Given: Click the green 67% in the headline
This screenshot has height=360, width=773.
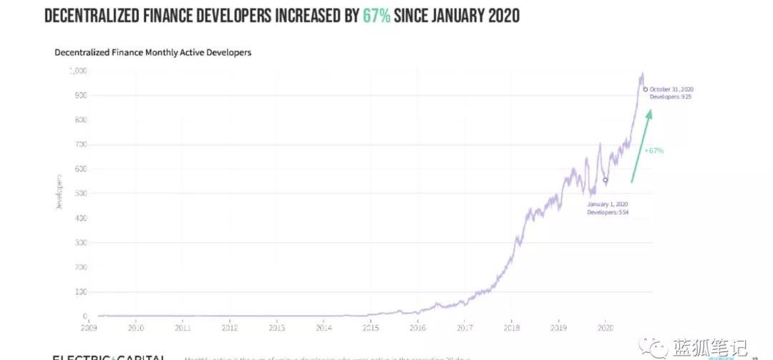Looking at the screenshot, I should [x=376, y=16].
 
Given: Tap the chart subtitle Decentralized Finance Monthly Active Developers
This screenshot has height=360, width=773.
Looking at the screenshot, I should [x=152, y=53].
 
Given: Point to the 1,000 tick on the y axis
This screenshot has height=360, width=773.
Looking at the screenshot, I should [x=77, y=71].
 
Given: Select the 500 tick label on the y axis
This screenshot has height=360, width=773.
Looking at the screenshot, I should [x=80, y=193].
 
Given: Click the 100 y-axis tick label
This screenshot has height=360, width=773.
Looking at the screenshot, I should [x=80, y=292].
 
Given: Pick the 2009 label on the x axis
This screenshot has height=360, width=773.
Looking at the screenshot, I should [x=89, y=328].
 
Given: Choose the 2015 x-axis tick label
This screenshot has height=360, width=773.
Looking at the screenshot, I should [x=370, y=328].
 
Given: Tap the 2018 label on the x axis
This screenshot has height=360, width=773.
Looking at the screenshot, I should [x=510, y=328].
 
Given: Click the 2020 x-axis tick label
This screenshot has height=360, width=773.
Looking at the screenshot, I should [x=605, y=328].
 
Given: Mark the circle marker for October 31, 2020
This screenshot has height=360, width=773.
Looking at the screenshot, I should [x=645, y=89].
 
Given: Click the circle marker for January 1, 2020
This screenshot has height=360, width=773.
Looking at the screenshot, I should [x=606, y=180].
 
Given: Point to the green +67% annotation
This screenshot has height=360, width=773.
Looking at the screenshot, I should [x=654, y=151].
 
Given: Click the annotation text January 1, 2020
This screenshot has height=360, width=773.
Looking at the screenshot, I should [x=607, y=204].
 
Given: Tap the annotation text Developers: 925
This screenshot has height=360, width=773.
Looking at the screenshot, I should [x=671, y=96].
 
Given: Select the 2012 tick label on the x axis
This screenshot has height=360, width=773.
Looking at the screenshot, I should [x=230, y=328].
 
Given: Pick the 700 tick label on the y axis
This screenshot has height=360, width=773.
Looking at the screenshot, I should [x=80, y=145].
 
